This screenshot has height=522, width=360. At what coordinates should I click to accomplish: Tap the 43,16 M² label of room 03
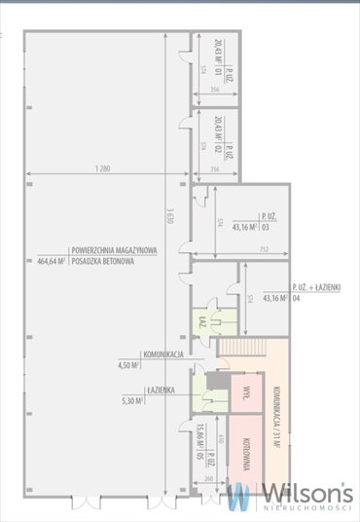tap(243, 227)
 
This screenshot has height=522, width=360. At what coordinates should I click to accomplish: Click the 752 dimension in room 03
tap(264, 248)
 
